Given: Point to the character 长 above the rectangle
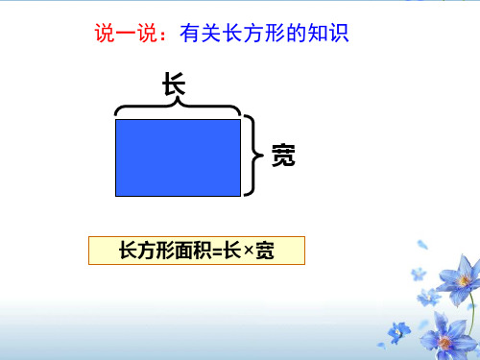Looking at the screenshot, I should tap(174, 85).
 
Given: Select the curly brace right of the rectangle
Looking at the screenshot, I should tap(254, 154).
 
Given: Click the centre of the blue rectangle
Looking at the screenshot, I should tap(178, 157).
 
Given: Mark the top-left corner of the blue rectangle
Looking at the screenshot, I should tap(116, 120).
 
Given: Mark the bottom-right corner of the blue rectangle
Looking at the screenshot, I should tap(240, 195).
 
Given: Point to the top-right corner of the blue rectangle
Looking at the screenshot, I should tap(240, 120).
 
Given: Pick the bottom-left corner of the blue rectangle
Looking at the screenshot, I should tap(116, 195).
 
